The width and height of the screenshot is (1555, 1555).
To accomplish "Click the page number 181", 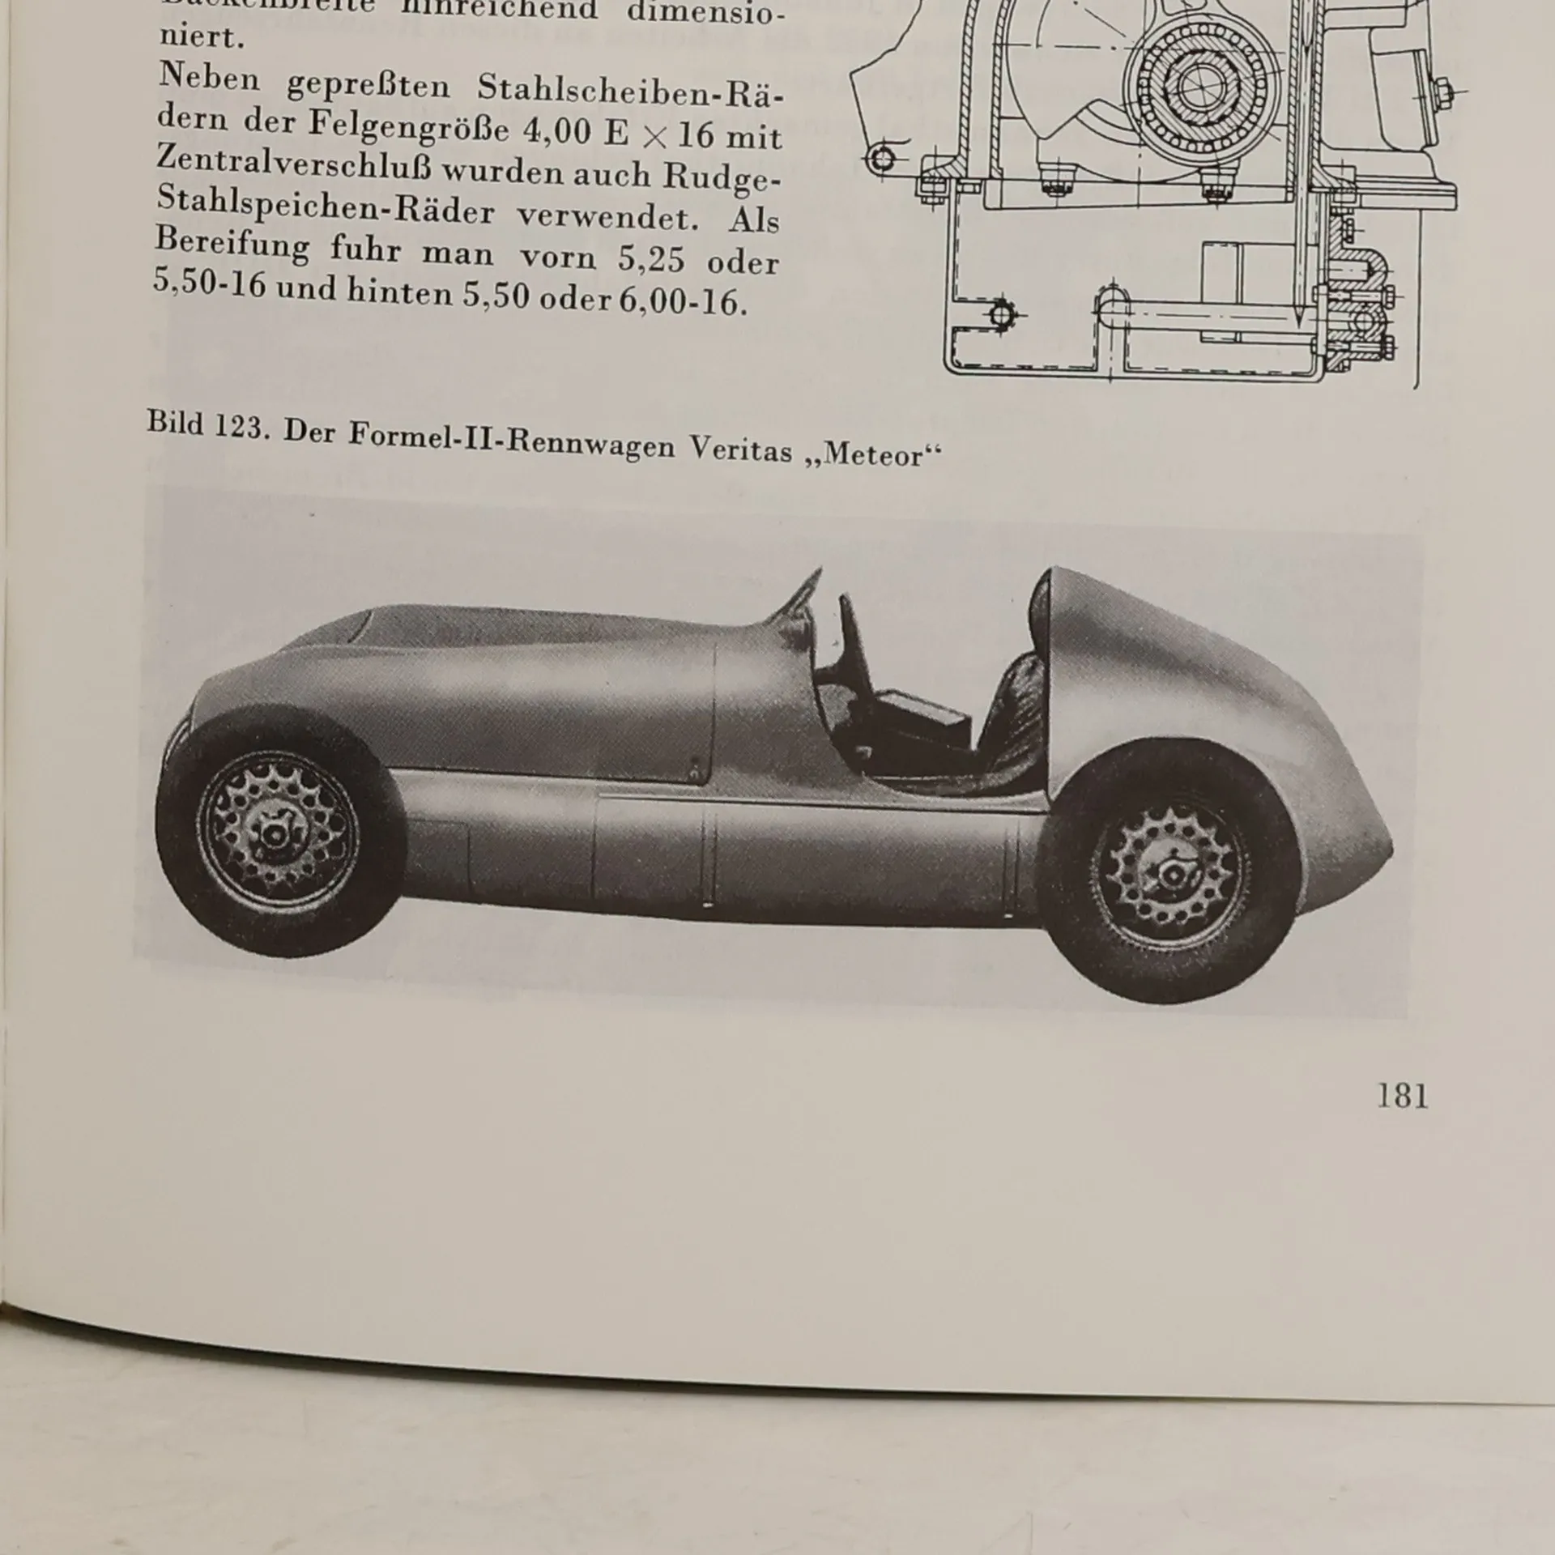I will tap(1403, 1096).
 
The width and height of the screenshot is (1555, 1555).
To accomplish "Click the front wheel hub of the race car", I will tap(273, 834).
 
